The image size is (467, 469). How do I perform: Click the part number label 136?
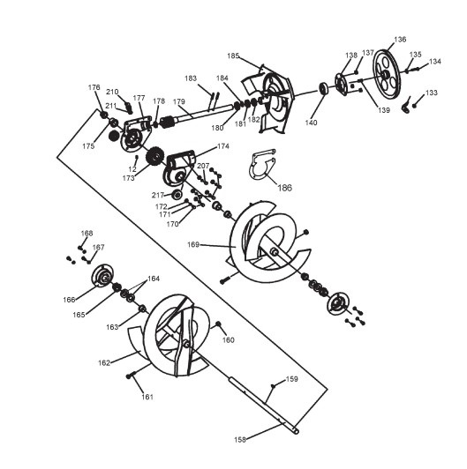tap(400, 39)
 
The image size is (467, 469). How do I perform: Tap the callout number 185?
tap(233, 56)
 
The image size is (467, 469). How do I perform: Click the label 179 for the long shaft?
tap(179, 101)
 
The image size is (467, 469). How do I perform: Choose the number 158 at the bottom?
tap(240, 439)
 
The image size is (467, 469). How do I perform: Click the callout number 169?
tap(193, 245)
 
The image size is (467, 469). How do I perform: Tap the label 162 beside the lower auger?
tap(104, 363)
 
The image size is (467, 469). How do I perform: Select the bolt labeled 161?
tap(132, 375)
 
